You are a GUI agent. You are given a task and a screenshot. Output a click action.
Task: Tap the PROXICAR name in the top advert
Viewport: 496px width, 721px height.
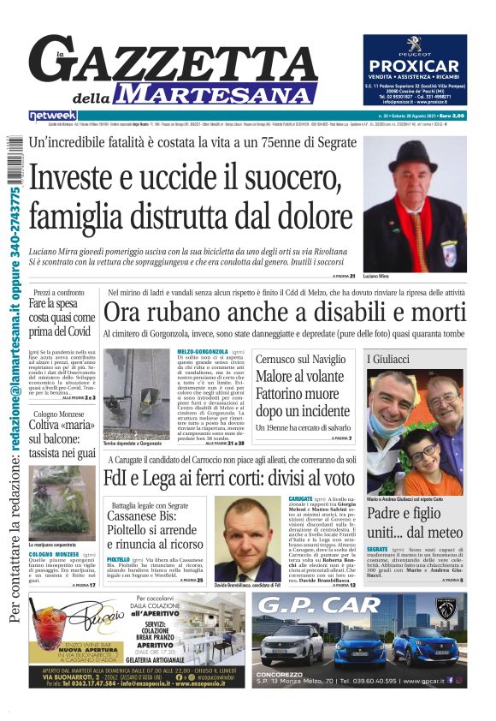414,67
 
